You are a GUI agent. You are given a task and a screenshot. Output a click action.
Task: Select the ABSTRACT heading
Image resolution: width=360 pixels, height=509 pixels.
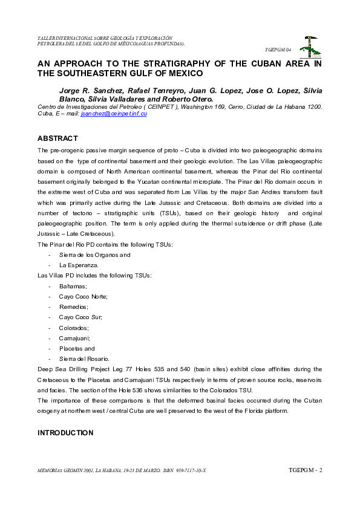click(x=58, y=138)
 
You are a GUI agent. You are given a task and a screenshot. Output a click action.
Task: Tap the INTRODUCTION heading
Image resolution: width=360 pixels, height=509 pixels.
click(x=65, y=433)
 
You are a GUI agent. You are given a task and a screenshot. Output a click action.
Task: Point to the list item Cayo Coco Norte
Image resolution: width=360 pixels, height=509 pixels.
click(x=83, y=296)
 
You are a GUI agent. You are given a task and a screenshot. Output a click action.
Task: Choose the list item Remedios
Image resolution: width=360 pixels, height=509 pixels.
click(x=73, y=306)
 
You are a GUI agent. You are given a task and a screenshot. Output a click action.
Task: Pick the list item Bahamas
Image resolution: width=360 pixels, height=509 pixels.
click(x=73, y=286)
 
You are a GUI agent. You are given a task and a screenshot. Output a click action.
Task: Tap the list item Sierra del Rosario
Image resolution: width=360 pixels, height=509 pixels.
click(x=84, y=359)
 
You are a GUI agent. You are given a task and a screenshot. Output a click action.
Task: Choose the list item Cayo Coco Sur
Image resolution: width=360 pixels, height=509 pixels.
click(x=80, y=317)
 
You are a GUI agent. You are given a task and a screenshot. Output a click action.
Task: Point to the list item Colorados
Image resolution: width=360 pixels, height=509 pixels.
click(x=74, y=328)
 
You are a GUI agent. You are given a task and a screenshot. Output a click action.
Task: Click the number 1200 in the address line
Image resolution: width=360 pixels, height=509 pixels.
click(x=313, y=106)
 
